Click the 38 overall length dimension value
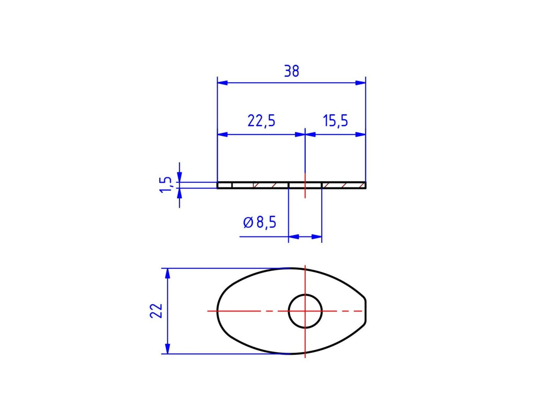[291, 71]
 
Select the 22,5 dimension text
[261, 121]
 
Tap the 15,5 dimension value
[336, 121]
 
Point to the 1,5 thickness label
[165, 185]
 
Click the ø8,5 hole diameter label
[260, 222]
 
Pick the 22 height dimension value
[156, 311]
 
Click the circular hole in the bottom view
[305, 311]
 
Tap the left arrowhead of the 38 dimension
[222, 83]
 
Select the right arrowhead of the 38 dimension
[361, 83]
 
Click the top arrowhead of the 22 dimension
[167, 273]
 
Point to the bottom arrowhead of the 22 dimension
[167, 349]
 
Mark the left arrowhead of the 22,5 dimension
[222, 134]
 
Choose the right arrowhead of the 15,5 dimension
[361, 134]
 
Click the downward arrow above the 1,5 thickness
[179, 177]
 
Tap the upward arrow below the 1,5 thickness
[179, 193]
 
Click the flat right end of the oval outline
[365, 311]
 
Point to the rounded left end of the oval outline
[217, 311]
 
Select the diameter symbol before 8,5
[248, 223]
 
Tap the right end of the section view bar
[365, 185]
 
